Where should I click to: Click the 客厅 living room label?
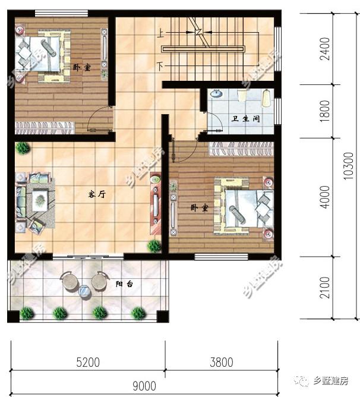[x=97, y=194]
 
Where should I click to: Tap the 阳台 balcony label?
[x=124, y=284]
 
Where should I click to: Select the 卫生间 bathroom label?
[x=245, y=119]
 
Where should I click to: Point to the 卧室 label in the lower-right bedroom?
[x=198, y=207]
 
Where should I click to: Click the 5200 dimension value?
[x=87, y=362]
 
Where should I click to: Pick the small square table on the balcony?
[x=84, y=291]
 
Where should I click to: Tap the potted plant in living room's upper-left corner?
[x=23, y=147]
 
